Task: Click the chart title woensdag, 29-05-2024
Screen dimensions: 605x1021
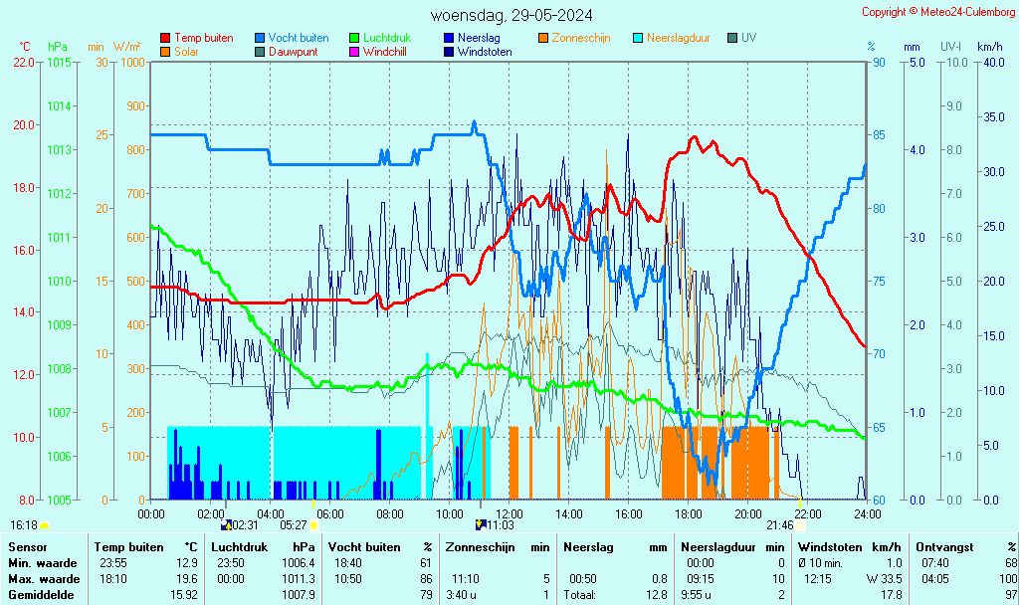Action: click(511, 15)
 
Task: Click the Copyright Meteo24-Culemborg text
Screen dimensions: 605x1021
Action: click(938, 12)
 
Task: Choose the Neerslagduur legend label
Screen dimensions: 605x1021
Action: click(678, 38)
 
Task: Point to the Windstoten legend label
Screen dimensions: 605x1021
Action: click(485, 52)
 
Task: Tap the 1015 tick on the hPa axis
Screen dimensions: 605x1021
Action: click(59, 62)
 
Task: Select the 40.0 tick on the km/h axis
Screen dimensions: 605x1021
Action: click(990, 62)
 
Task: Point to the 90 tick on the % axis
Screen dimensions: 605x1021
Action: click(879, 62)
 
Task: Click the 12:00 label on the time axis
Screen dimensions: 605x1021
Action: click(509, 513)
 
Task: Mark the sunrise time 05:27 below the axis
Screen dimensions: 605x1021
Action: click(294, 524)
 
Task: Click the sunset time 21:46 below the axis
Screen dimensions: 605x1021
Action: click(780, 524)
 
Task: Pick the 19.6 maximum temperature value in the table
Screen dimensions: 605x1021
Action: click(186, 579)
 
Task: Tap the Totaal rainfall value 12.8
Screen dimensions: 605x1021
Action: click(656, 595)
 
